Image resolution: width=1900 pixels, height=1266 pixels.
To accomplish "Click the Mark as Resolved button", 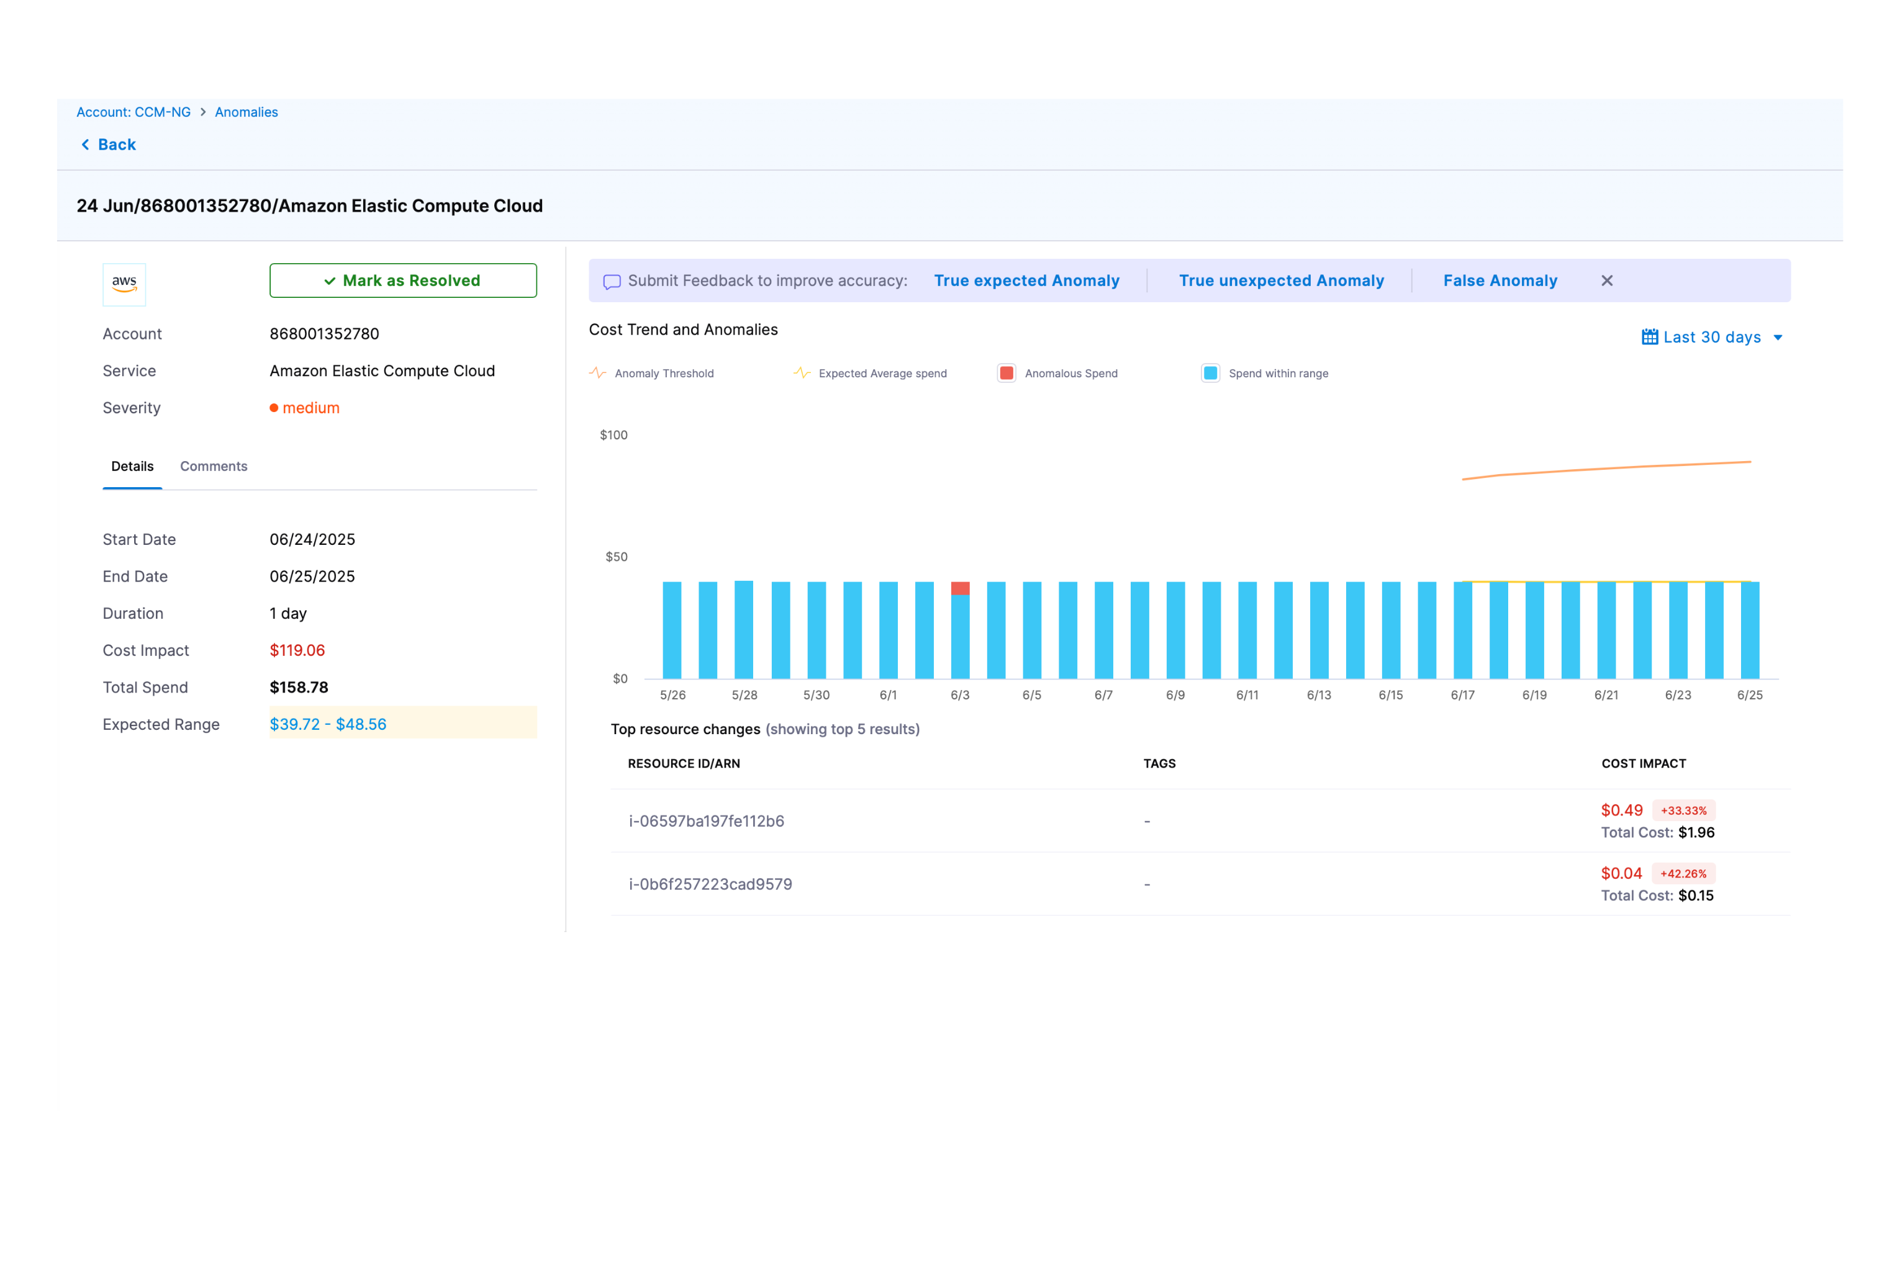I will pos(402,280).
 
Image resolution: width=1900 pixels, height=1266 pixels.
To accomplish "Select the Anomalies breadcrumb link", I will pos(246,112).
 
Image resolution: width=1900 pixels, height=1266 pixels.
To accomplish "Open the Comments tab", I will pos(213,466).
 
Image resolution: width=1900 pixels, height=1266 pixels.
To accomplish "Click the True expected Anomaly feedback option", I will pos(1026,280).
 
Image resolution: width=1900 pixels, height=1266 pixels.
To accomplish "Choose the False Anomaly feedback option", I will pos(1500,280).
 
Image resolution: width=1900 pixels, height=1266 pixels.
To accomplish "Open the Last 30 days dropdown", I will pos(1711,337).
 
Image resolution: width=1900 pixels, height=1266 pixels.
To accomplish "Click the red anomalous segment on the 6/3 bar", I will pos(960,588).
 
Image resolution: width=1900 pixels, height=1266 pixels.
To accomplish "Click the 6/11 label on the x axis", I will pos(1246,695).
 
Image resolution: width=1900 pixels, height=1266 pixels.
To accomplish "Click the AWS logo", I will pos(124,284).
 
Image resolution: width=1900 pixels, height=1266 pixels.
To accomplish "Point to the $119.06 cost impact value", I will pos(297,650).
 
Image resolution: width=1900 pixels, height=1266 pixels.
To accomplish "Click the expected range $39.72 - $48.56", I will pos(328,724).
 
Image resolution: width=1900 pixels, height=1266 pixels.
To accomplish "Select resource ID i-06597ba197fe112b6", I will pos(706,821).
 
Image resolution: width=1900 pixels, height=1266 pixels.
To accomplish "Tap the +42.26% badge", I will pos(1683,874).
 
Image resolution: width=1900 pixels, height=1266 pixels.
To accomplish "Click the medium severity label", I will pos(310,408).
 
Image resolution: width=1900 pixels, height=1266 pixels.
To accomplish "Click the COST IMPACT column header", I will pos(1643,763).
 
